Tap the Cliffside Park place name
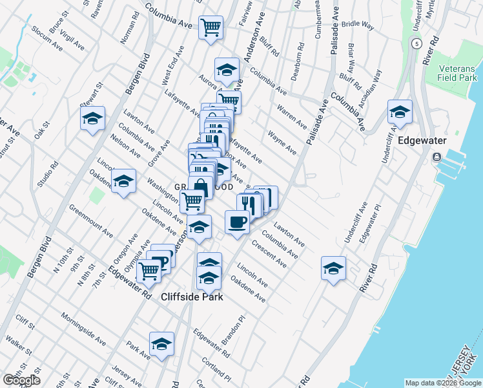pyautogui.click(x=191, y=297)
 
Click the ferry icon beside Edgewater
pyautogui.click(x=437, y=157)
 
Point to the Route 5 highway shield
pyautogui.click(x=416, y=43)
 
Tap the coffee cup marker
pyautogui.click(x=238, y=221)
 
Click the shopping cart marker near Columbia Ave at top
pyautogui.click(x=211, y=27)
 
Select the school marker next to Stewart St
pyautogui.click(x=93, y=118)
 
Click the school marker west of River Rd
pyautogui.click(x=333, y=268)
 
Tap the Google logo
pyautogui.click(x=21, y=380)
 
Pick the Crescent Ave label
pyautogui.click(x=269, y=254)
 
